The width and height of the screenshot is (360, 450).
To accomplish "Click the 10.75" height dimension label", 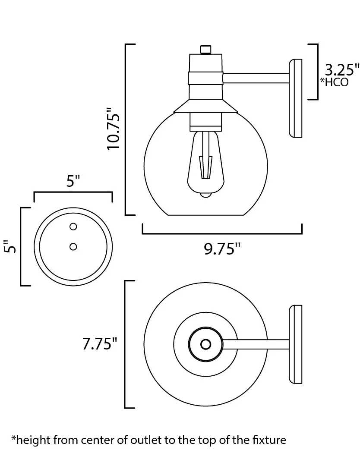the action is point(113,129).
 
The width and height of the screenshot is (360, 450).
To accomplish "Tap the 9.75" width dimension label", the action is point(222,249).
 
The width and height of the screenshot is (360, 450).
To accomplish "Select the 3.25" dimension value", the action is point(341,69).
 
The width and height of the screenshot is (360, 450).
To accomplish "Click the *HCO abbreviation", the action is point(334,82).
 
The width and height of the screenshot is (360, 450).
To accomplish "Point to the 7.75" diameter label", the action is point(100,343).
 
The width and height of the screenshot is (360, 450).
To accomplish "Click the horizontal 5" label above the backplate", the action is point(73,181).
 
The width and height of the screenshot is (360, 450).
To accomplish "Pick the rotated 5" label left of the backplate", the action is point(10,246).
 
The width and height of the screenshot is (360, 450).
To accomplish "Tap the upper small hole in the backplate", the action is point(73,227).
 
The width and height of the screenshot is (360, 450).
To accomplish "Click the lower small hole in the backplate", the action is point(73,246).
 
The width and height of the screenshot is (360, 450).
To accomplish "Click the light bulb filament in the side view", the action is point(206,167).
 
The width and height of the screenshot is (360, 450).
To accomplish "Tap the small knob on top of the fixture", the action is point(205,49).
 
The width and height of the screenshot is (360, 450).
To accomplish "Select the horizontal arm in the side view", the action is point(256,79).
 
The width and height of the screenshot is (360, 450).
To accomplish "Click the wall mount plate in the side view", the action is point(295,98).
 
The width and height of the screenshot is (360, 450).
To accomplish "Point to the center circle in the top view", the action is point(205,344).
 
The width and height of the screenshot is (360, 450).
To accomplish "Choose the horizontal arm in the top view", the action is point(256,344).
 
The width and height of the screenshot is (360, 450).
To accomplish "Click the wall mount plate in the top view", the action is point(295,344).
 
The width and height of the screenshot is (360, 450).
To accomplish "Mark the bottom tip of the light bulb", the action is point(205,197).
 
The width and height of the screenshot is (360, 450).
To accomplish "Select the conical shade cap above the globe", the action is point(205,106).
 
